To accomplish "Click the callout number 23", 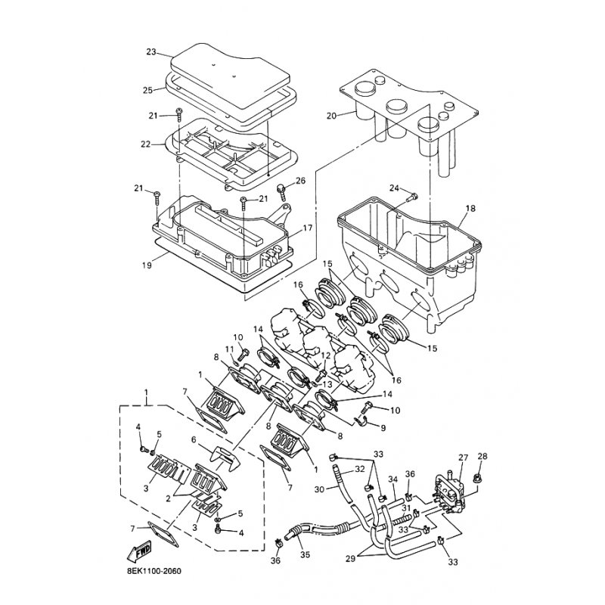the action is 150,51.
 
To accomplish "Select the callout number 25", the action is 147,90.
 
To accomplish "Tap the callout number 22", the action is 145,144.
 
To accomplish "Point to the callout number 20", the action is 332,116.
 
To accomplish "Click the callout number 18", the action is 470,209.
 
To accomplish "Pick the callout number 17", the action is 307,228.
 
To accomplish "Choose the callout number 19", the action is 147,265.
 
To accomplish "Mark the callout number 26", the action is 300,181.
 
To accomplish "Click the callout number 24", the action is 394,188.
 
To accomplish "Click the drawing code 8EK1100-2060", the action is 154,572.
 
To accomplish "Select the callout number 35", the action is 306,555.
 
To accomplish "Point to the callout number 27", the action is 463,458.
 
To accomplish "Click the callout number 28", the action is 482,456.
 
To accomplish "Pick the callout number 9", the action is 383,427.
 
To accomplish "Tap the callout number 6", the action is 194,439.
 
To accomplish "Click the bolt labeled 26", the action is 281,192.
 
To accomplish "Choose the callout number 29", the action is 350,558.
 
